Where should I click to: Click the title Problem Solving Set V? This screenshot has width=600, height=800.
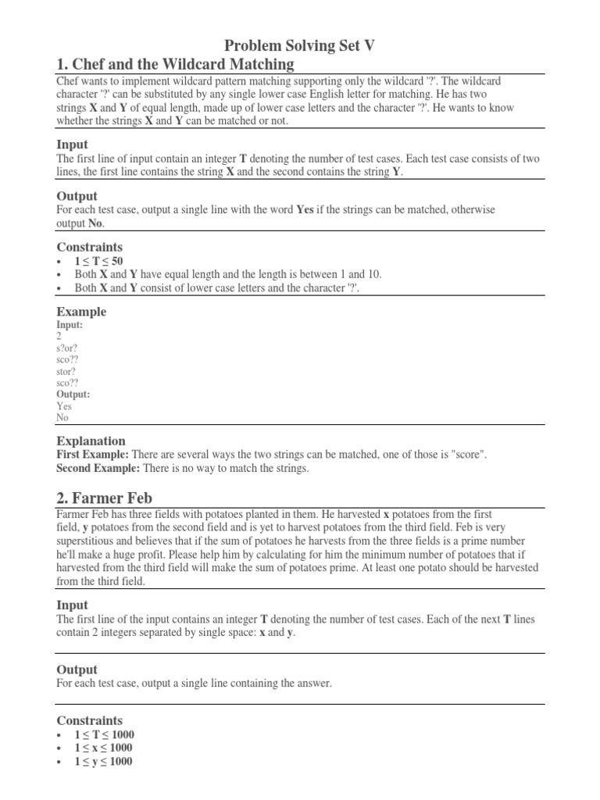point(300,46)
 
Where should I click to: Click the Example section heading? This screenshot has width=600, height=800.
point(81,312)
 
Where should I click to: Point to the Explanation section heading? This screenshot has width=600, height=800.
point(91,441)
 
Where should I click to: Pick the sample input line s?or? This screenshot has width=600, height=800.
point(67,348)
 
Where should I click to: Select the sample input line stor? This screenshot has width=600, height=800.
point(66,371)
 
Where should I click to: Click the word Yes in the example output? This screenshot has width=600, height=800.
point(64,406)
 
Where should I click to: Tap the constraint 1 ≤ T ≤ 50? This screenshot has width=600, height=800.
point(98,261)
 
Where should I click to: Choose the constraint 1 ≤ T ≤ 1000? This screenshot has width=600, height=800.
point(104,734)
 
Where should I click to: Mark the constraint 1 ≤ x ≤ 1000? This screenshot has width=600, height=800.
point(103,748)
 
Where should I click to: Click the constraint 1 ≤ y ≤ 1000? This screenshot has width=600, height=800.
point(103,761)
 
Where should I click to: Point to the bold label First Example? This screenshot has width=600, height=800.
point(93,455)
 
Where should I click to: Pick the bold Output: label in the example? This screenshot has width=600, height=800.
point(73,395)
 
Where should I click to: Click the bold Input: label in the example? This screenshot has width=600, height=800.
point(70,324)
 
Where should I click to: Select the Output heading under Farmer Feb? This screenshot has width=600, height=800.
point(77,670)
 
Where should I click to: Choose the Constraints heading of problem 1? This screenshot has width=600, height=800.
point(89,247)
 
